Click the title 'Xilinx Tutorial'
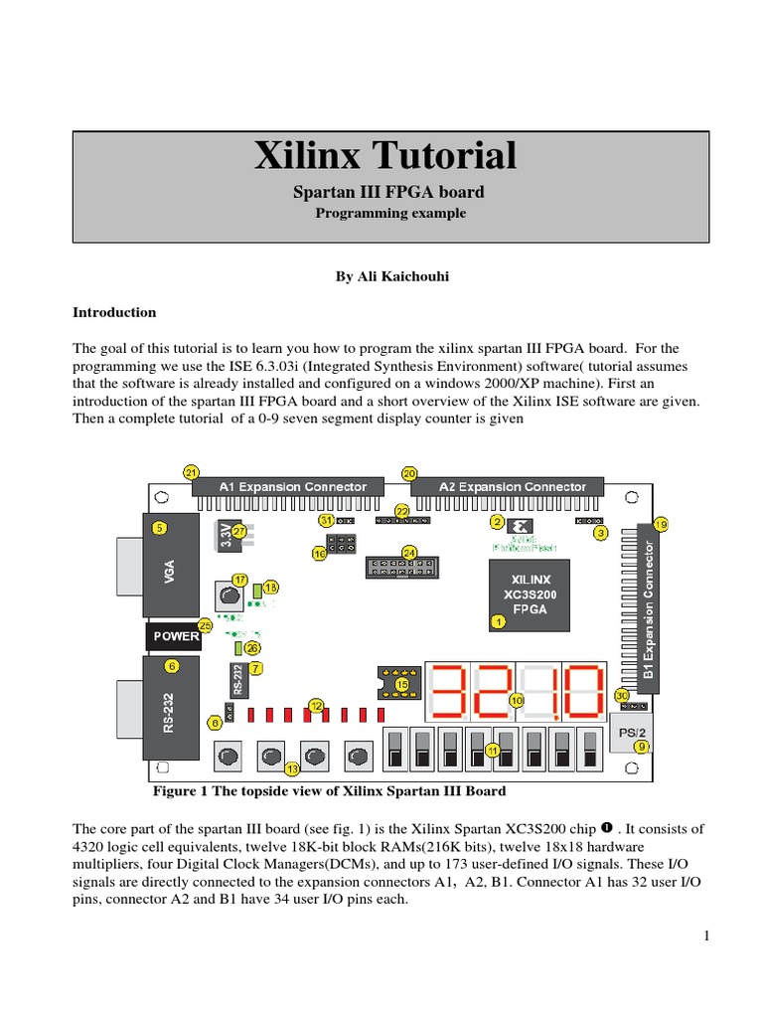[x=386, y=156]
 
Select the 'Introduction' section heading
[x=114, y=312]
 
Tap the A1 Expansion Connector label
[x=292, y=487]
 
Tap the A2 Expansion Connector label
[x=513, y=487]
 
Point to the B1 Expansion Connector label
[x=649, y=609]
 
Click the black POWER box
[x=176, y=635]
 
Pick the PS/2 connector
[x=632, y=733]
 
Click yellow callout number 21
[x=192, y=471]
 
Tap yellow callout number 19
[x=661, y=524]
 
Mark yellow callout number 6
[x=173, y=666]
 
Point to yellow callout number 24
[x=408, y=552]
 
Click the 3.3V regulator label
[x=227, y=538]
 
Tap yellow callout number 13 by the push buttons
[x=292, y=768]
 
